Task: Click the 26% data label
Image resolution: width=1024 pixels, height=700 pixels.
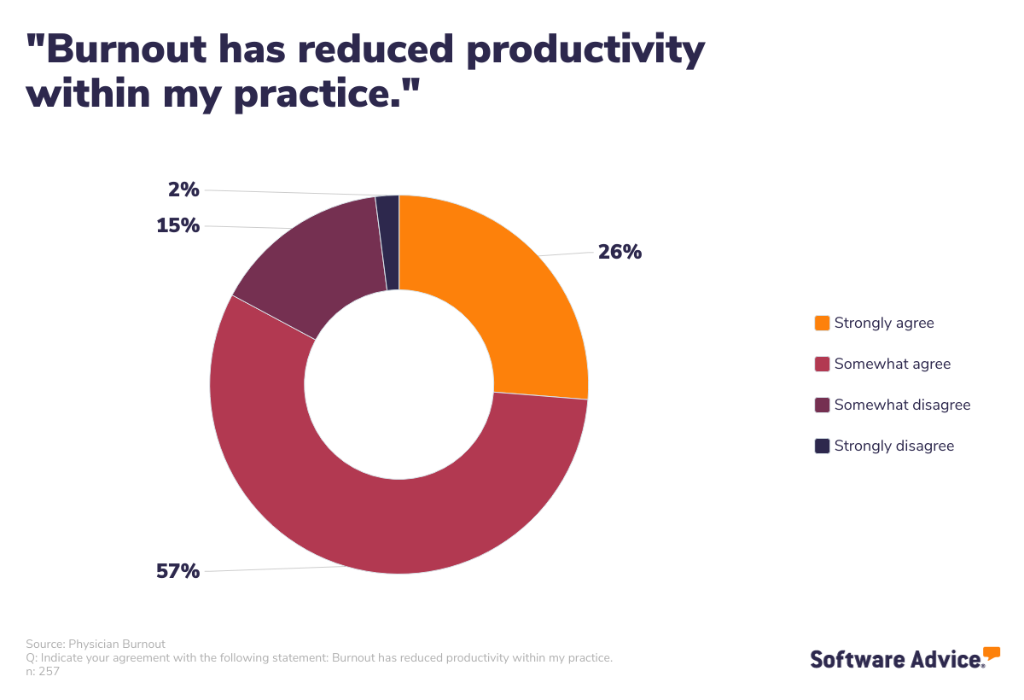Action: click(x=620, y=252)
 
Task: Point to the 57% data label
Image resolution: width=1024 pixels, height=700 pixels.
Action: click(x=177, y=571)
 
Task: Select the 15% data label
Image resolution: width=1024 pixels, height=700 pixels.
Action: click(x=177, y=225)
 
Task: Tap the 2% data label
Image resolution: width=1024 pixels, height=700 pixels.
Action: click(x=183, y=190)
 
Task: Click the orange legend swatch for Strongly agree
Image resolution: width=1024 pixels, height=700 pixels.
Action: click(x=822, y=323)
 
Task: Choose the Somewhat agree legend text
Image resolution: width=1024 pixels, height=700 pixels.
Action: click(x=892, y=364)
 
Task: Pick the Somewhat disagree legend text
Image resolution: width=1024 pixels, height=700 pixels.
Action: click(x=902, y=405)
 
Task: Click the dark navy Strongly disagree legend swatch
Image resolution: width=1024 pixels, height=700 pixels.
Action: click(x=822, y=446)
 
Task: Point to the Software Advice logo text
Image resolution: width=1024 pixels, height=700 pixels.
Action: click(x=896, y=659)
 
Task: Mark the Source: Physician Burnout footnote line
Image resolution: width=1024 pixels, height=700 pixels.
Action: click(x=96, y=644)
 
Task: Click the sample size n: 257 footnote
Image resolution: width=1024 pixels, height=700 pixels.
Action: click(x=43, y=671)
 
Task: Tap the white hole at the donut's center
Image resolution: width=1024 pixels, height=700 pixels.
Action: click(x=399, y=384)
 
